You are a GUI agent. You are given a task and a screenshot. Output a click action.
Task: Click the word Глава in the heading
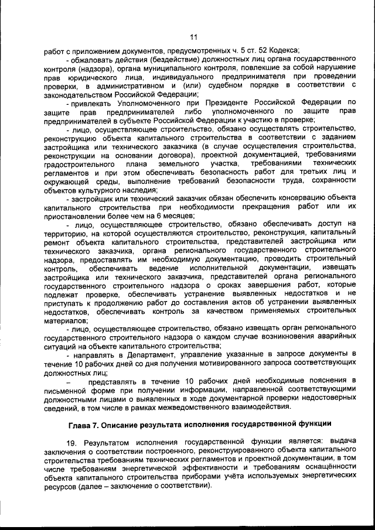click(81, 423)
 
